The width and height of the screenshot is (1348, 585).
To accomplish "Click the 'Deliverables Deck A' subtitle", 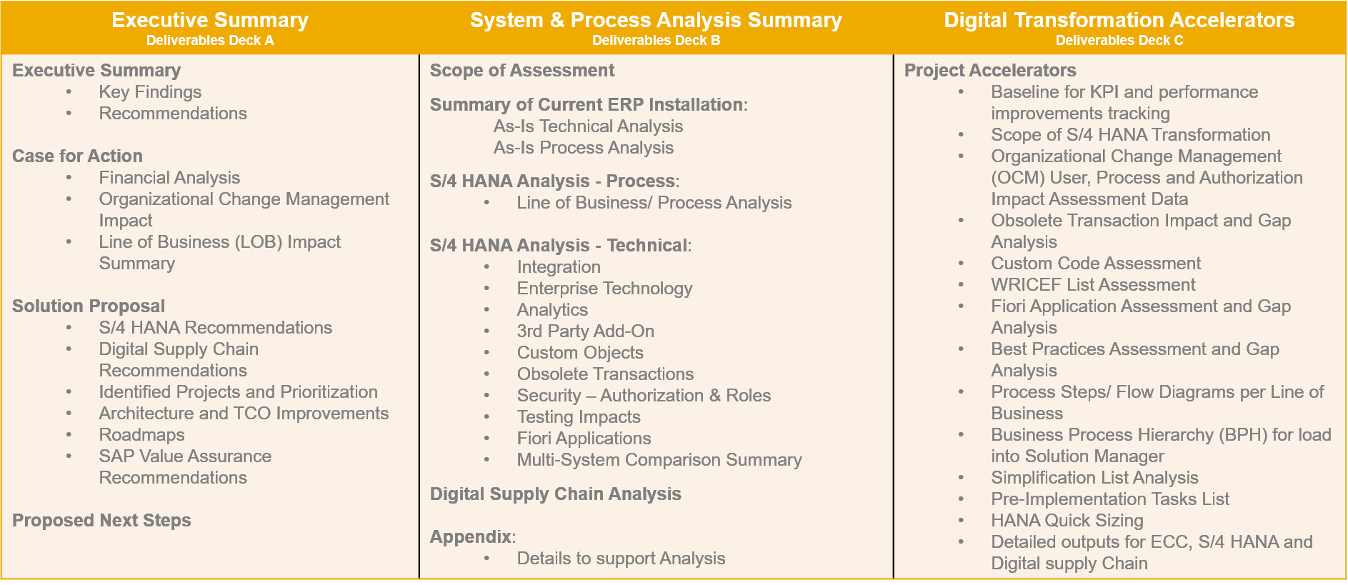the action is click(210, 41).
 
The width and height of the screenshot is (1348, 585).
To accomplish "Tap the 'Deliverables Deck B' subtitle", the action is click(656, 41).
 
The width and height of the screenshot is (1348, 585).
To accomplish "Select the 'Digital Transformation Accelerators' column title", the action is click(1119, 20).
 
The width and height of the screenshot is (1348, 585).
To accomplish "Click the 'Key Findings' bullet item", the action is click(150, 92).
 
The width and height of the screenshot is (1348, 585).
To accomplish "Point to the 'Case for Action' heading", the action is click(77, 156).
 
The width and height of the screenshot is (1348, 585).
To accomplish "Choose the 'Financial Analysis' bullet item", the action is click(169, 178).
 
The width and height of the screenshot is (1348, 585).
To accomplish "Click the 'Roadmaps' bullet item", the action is click(141, 435).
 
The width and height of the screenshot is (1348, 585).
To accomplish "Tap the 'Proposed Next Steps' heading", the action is click(101, 520).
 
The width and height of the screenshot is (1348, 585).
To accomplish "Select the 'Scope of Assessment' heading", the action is click(522, 70).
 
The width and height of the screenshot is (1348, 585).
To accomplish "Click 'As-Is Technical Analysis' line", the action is click(588, 126).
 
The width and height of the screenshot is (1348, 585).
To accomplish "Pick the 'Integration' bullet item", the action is click(559, 267).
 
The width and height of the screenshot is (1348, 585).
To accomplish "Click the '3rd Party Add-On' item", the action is click(586, 331).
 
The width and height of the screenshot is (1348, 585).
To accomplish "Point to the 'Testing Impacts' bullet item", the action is click(579, 417).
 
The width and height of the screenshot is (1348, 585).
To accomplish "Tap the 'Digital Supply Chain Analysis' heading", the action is click(556, 494).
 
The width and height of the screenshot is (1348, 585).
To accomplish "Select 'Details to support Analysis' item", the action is click(621, 559).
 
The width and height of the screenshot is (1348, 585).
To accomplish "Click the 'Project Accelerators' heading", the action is click(990, 70).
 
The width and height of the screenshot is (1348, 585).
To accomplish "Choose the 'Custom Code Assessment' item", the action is click(1096, 264).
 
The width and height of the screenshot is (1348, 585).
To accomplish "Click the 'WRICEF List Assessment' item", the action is click(1093, 285).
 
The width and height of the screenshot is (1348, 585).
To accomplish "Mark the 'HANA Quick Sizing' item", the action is click(1067, 521).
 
